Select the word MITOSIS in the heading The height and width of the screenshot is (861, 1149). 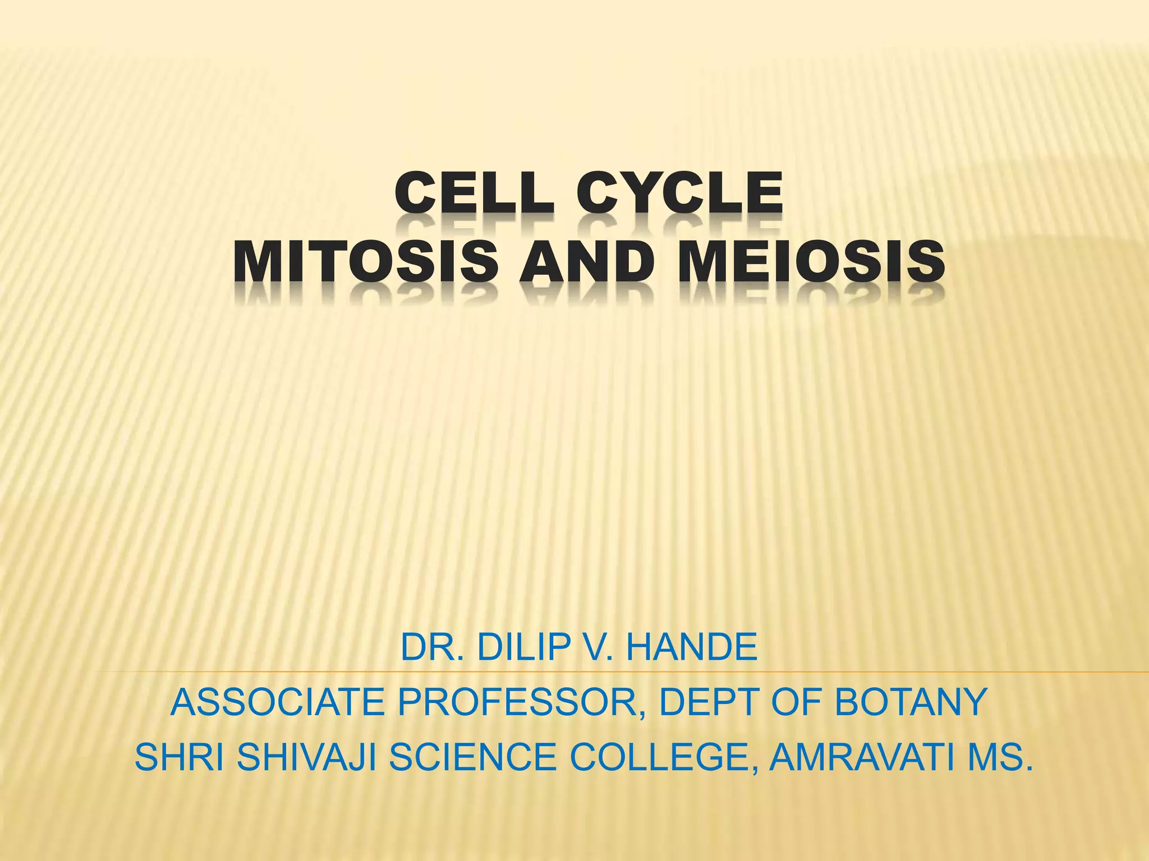[365, 262]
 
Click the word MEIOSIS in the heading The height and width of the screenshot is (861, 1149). [811, 262]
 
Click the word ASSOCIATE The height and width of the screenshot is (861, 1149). [277, 702]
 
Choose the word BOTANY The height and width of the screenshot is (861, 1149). [910, 702]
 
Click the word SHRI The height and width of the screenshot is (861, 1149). [180, 757]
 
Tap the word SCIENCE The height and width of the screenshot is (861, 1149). [472, 757]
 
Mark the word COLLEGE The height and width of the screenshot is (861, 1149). [663, 757]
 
